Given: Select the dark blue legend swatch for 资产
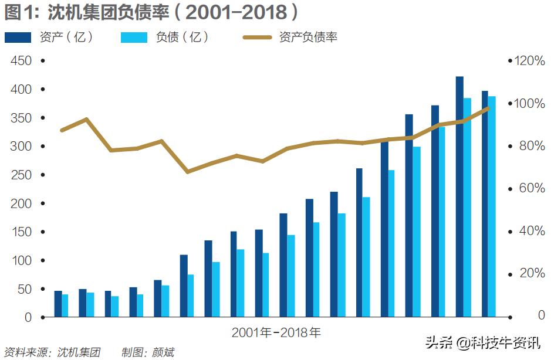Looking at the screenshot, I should click(18, 38).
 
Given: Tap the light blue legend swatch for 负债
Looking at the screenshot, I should click(134, 38).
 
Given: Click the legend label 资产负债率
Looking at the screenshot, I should click(308, 38).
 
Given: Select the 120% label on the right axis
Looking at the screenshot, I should click(529, 61).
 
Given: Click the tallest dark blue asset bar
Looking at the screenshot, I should click(459, 196).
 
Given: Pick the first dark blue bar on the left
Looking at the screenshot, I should click(58, 304).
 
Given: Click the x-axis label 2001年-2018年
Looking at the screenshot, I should click(276, 333).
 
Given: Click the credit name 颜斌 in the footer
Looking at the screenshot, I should click(164, 353).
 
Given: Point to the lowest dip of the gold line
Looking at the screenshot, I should click(188, 172).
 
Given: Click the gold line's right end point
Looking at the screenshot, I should click(488, 108).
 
